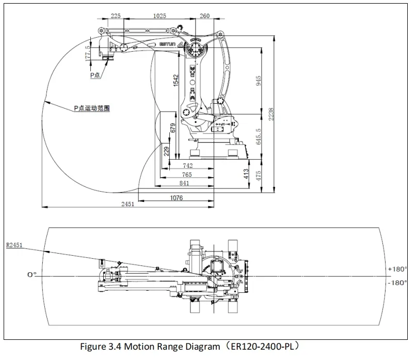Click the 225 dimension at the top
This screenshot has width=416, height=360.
click(116, 16)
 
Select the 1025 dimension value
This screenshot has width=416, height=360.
click(160, 16)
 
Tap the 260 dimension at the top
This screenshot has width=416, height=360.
click(205, 16)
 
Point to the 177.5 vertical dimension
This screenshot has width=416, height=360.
click(88, 53)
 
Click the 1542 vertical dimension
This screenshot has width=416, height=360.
click(175, 81)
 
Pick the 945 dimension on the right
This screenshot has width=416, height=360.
click(259, 81)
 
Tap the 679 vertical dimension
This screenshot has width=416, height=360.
click(173, 127)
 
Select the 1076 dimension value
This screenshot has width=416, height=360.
click(176, 197)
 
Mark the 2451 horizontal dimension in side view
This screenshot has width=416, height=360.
click(127, 204)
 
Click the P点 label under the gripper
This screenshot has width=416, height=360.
click(96, 75)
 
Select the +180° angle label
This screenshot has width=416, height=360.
click(397, 269)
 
